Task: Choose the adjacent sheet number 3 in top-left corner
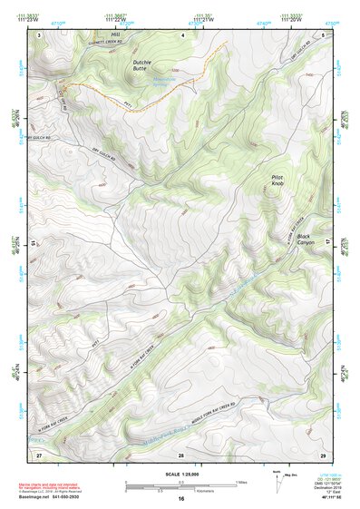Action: point(39,34)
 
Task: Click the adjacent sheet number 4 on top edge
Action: point(181,34)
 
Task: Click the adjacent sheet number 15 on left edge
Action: point(34,243)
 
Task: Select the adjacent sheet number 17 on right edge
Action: point(328,243)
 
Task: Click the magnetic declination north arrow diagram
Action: point(276,478)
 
